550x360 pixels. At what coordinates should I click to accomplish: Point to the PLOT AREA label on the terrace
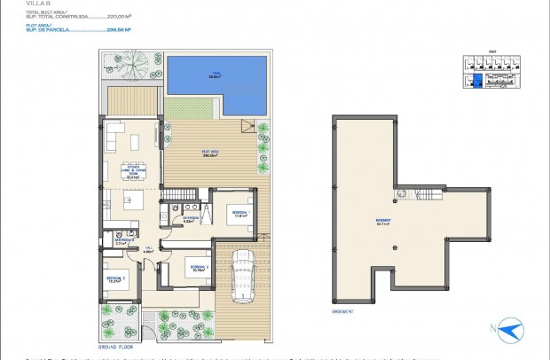(210, 153)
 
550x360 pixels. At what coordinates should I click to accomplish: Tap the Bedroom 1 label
(240, 214)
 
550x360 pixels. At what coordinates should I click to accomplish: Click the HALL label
(149, 250)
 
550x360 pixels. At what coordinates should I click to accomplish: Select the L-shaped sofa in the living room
(113, 137)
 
